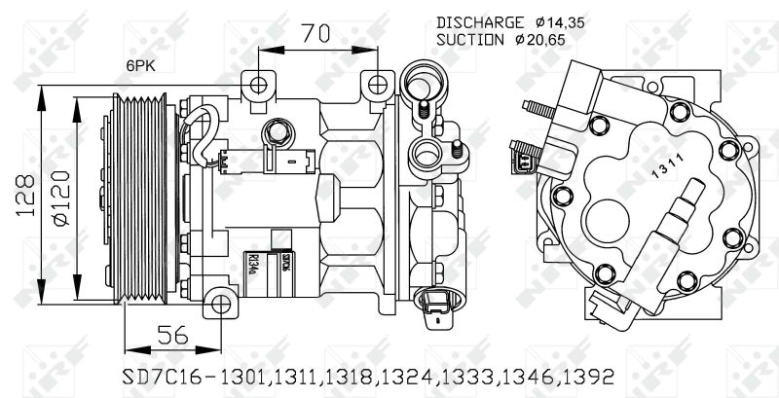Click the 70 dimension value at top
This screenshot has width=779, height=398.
pyautogui.click(x=313, y=33)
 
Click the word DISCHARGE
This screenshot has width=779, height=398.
pyautogui.click(x=479, y=21)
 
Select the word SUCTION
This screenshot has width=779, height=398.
pyautogui.click(x=471, y=40)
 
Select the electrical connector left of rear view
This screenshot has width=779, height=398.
pyautogui.click(x=523, y=157)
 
